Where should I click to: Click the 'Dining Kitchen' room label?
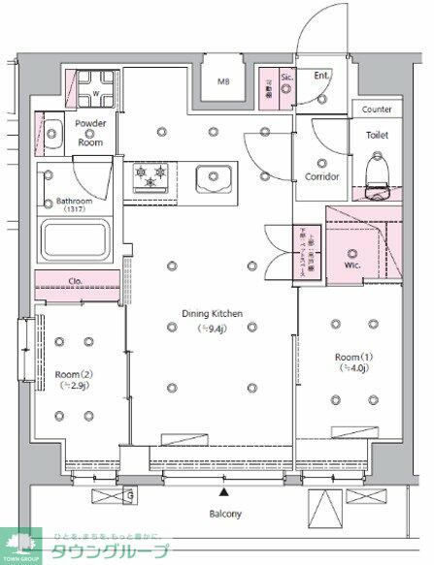coord(214,313)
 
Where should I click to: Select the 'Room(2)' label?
coord(73,374)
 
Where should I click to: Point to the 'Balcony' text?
coord(224,514)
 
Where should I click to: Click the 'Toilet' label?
coord(377,136)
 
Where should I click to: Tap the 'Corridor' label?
coord(321,177)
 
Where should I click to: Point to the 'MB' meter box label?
coord(224,82)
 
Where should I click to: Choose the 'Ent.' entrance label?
coord(321,76)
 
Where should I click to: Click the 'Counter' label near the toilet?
coord(377,110)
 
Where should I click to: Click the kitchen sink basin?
coord(214,178)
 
